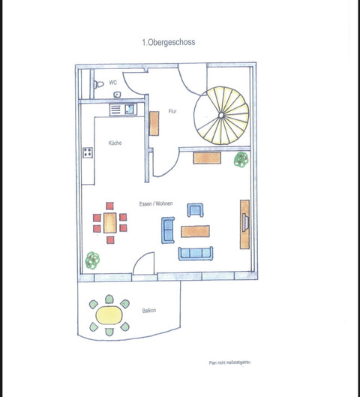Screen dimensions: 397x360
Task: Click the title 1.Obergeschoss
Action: click(168, 44)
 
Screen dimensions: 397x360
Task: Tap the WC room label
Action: click(112, 83)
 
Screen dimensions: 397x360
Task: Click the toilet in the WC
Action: click(97, 85)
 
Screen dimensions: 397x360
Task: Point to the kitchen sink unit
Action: click(124, 109)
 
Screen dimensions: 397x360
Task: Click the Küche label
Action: click(115, 143)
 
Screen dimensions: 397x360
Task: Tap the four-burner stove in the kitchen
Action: click(88, 153)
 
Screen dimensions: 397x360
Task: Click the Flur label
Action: click(172, 111)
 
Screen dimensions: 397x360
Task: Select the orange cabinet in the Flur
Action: click(154, 122)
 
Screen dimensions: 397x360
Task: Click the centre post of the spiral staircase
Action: click(222, 115)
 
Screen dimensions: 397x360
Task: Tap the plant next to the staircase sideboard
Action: click(241, 159)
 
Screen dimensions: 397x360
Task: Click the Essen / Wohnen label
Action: click(156, 204)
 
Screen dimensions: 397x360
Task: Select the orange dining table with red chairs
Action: click(109, 223)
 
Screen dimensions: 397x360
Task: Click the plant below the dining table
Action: click(92, 260)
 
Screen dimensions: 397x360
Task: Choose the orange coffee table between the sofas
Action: click(196, 231)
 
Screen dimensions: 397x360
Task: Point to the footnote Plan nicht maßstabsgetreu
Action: click(229, 362)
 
